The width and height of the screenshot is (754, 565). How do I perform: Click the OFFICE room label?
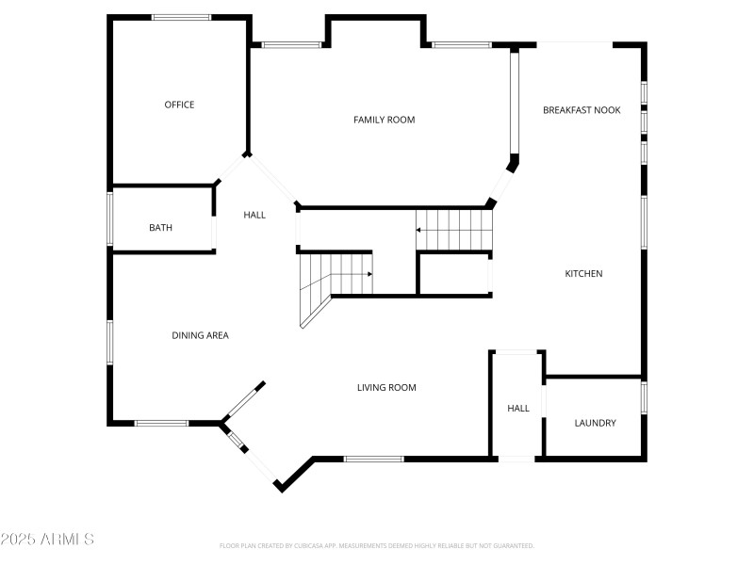[179, 105]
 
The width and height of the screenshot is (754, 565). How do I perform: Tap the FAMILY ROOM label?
[384, 120]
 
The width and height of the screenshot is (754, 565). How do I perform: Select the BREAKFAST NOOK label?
[582, 110]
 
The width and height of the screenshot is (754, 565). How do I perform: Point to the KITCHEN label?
[583, 274]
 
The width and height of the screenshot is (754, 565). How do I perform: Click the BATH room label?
[160, 228]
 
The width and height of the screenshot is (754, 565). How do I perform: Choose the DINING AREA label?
[200, 335]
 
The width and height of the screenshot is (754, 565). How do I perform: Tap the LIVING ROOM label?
[386, 388]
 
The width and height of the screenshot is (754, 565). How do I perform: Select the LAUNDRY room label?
[595, 423]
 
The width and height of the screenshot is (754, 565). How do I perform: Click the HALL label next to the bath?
[254, 215]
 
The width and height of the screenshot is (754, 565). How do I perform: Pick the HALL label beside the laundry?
[518, 409]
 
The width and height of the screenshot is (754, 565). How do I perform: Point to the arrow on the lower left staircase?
[369, 274]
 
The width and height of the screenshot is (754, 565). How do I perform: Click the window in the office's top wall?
[182, 17]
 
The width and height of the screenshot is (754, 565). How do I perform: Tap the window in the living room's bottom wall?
[373, 459]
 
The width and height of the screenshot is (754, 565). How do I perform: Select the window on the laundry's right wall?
[644, 396]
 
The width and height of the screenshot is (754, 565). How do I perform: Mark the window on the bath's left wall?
[110, 218]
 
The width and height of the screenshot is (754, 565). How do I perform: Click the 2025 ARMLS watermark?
[47, 540]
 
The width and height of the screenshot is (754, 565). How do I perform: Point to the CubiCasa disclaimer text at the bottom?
[377, 545]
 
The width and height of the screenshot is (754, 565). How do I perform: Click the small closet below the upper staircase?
[453, 275]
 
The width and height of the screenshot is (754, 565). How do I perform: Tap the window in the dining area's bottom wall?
[162, 423]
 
